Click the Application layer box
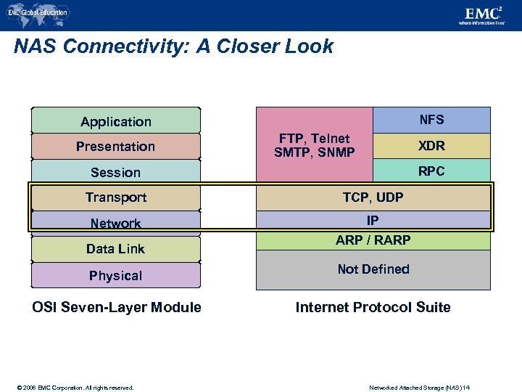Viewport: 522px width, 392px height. tap(116, 121)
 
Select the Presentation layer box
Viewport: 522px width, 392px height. tap(116, 147)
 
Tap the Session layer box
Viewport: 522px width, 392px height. tap(116, 172)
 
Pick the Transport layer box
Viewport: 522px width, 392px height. tap(116, 197)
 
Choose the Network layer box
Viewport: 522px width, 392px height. tap(116, 223)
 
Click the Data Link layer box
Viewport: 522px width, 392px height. tap(116, 249)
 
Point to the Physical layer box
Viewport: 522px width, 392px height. tap(116, 275)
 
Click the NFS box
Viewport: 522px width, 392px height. tap(431, 120)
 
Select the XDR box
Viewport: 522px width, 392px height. tap(431, 146)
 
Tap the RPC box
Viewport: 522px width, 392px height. tap(431, 171)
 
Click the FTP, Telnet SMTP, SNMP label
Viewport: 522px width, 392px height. tap(315, 145)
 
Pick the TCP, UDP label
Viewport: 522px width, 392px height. tap(373, 197)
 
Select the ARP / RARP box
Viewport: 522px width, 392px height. tap(373, 240)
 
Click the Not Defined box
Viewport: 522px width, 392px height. tap(373, 269)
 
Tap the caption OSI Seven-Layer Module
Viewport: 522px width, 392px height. tap(117, 307)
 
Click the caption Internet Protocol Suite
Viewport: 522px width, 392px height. tap(373, 307)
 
